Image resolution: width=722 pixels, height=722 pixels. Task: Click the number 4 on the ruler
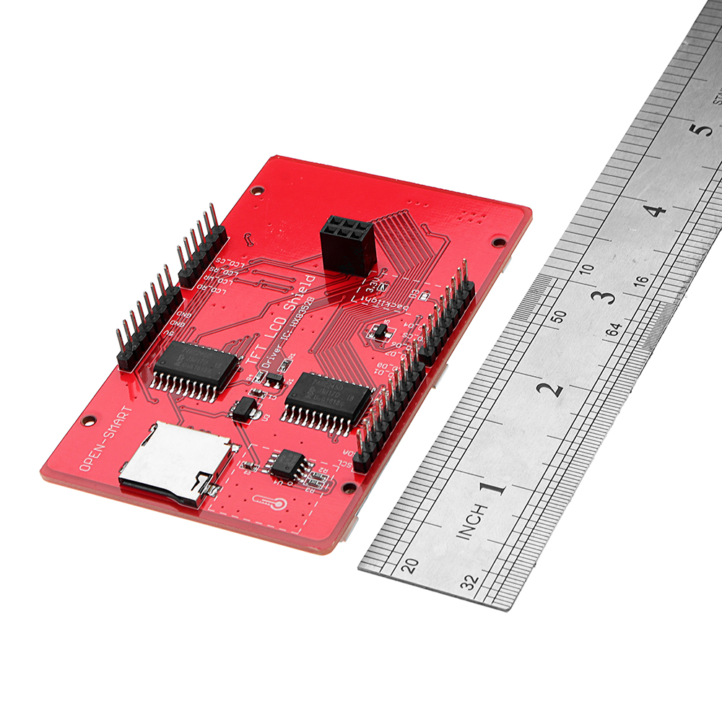(654, 212)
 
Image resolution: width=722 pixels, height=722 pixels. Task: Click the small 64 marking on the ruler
(614, 330)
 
